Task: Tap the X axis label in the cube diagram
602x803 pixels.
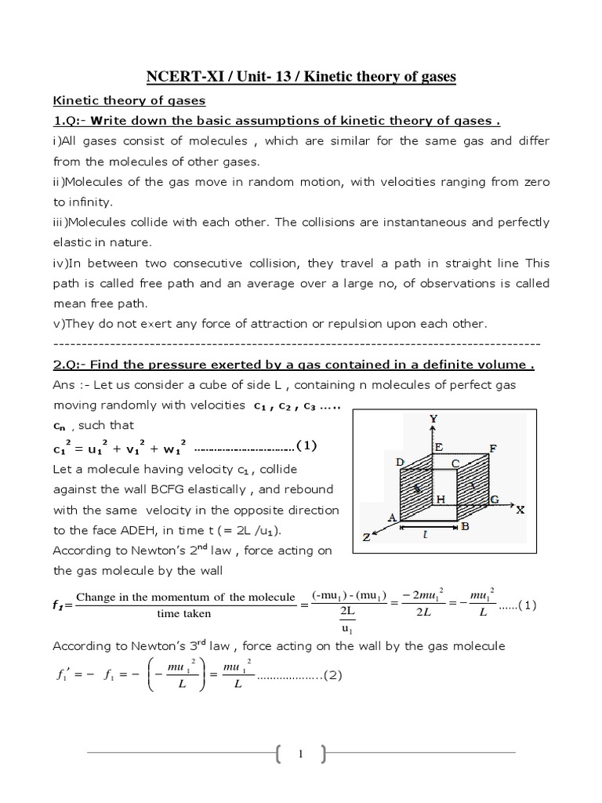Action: pos(519,509)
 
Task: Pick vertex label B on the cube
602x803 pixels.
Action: pos(465,527)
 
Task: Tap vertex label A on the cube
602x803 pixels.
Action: pos(391,517)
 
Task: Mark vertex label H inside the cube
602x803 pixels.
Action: pos(441,499)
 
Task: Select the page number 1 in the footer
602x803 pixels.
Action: pos(301,754)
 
